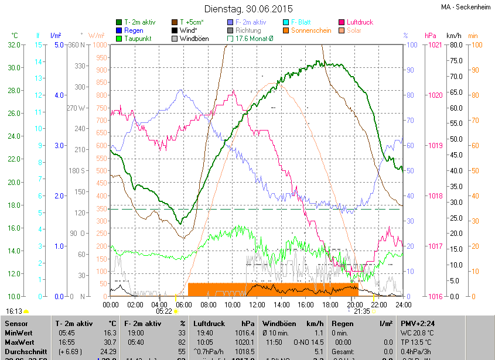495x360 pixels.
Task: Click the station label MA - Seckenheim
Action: tap(466, 7)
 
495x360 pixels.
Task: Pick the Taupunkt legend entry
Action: tap(138, 39)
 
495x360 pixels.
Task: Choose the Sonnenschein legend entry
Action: tap(311, 30)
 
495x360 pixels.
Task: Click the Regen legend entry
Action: tap(134, 30)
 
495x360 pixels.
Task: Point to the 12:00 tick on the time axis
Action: tap(257, 304)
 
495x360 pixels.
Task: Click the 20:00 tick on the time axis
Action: tap(354, 304)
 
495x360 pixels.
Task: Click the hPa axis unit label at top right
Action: tap(431, 36)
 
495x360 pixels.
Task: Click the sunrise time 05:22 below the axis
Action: tap(163, 311)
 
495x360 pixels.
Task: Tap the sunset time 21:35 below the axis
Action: tap(362, 311)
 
